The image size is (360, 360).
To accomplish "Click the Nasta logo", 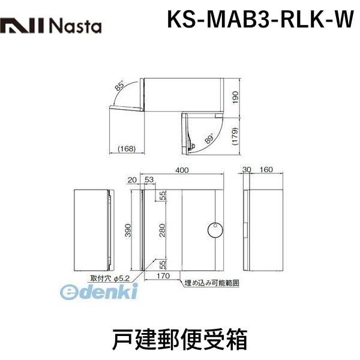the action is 51,26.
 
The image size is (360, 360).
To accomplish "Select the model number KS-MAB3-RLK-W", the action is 260,19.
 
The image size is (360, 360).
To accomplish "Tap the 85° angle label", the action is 119,85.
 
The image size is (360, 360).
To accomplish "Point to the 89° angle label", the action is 209,138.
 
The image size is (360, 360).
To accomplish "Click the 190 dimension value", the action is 236,98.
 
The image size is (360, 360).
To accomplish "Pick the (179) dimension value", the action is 236,136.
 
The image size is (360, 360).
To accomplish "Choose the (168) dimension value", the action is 127,149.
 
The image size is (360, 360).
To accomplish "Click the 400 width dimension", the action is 182,170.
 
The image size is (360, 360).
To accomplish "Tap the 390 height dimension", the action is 128,230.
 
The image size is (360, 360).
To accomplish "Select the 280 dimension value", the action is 162,230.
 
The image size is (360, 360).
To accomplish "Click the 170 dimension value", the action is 163,276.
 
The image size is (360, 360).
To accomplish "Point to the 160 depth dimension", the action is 266,170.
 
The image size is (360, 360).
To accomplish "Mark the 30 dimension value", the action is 247,170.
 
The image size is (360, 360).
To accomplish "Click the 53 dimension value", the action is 149,179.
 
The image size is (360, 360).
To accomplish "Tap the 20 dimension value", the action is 132,180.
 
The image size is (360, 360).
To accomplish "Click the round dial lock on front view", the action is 215,230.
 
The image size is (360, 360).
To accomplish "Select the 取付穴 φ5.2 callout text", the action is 110,278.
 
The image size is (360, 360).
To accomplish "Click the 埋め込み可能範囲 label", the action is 212,283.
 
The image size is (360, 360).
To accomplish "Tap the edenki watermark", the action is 99,291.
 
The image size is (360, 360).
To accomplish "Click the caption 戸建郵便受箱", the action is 180,340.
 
